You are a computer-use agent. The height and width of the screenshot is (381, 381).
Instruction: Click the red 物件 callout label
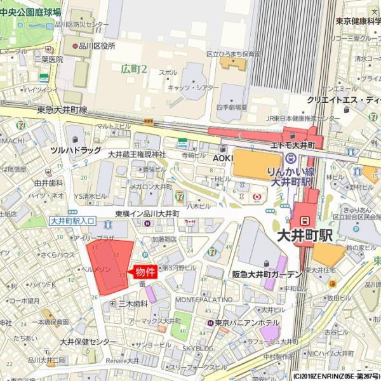(145, 272)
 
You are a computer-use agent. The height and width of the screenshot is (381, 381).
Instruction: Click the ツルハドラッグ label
(76, 150)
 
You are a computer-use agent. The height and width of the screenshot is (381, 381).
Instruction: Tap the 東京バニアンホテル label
(247, 323)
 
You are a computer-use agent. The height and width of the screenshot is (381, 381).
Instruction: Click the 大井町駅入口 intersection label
(72, 220)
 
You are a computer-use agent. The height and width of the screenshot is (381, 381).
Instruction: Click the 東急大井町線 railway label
(62, 109)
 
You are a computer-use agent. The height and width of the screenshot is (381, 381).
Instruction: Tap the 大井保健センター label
(88, 342)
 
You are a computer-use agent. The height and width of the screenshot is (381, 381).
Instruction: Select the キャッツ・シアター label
(191, 87)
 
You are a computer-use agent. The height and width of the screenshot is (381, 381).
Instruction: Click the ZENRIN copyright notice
(336, 376)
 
